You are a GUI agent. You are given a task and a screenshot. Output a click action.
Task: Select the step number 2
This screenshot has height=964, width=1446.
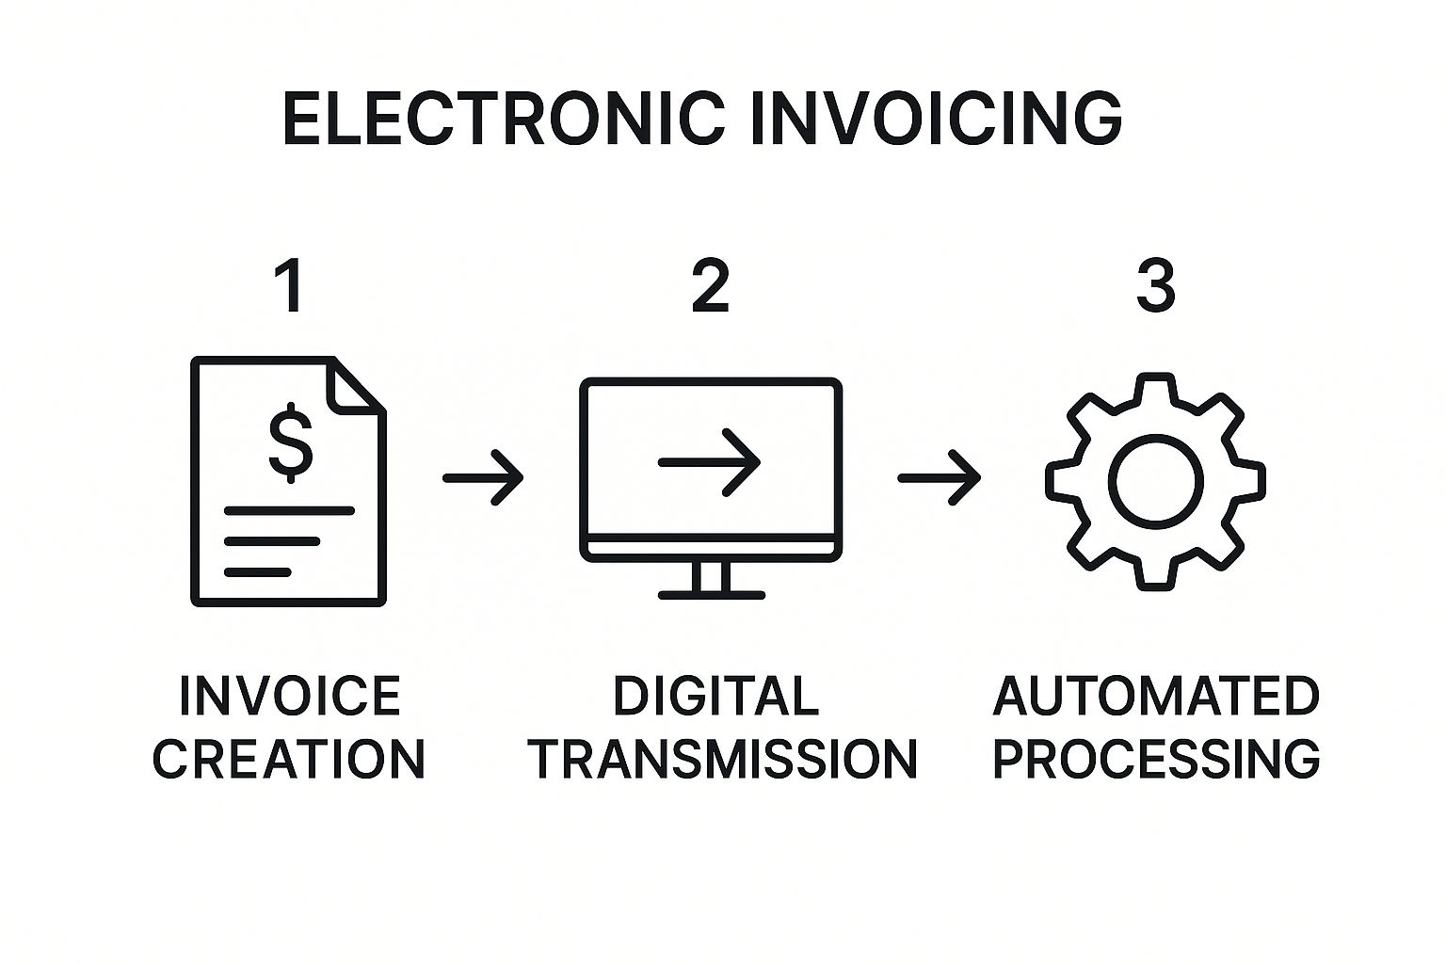710,287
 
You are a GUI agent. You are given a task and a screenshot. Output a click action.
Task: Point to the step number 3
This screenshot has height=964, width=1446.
1155,287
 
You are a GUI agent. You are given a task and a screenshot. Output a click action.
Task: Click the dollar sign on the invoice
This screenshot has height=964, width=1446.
290,442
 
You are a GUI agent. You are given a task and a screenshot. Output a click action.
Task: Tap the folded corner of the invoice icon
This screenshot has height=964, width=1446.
356,386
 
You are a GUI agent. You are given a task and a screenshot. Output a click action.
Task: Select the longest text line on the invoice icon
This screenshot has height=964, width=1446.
289,511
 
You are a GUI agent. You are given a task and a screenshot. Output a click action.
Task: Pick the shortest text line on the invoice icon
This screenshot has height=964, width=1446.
257,571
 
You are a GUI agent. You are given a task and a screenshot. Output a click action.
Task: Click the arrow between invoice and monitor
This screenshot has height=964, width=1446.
483,478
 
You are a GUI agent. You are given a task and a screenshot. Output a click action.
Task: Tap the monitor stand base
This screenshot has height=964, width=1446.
711,595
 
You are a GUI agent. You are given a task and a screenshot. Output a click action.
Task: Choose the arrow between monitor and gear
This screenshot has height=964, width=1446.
939,478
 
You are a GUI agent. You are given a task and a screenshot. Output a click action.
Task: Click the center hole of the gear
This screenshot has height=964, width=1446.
1155,481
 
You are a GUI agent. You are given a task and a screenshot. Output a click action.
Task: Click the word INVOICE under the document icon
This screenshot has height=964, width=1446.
290,697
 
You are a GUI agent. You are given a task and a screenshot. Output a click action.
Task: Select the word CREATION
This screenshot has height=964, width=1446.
289,759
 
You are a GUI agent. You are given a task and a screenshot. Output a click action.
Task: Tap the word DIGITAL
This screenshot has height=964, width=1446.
715,697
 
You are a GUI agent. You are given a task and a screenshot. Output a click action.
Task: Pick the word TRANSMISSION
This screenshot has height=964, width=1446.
722,759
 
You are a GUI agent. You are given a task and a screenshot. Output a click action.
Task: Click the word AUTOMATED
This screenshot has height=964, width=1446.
1156,697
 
